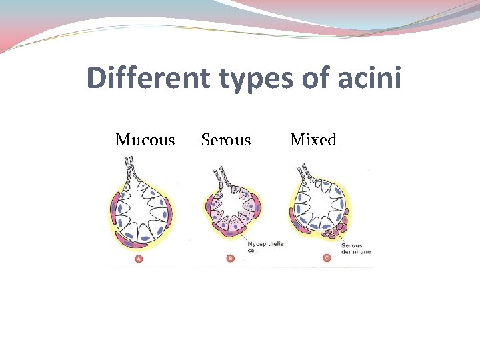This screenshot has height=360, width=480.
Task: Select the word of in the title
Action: click(313, 78)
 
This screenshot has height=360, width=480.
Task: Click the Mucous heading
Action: click(145, 140)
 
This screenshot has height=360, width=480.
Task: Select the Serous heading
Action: click(226, 140)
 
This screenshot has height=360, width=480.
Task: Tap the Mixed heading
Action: click(313, 140)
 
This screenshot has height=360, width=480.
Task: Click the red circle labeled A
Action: click(139, 258)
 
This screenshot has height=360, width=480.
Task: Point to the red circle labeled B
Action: click(230, 258)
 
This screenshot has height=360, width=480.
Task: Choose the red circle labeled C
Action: click(327, 258)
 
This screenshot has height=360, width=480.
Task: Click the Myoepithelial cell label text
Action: click(266, 247)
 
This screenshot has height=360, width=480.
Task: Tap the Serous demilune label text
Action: click(355, 248)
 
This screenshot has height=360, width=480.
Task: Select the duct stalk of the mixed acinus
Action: click(306, 173)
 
